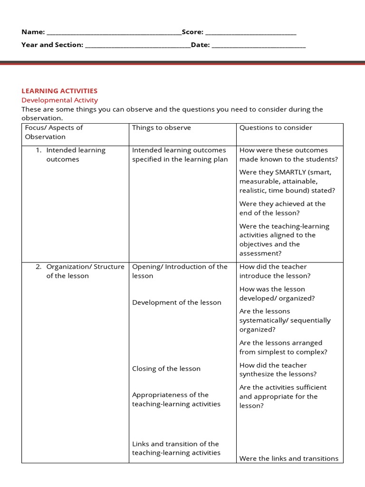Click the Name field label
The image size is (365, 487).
point(33,32)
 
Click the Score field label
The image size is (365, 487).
point(192,32)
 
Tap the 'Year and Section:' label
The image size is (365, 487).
point(52,45)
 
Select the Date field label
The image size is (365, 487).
point(200,45)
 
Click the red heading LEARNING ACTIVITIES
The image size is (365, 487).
point(59,90)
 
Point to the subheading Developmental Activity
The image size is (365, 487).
point(59,100)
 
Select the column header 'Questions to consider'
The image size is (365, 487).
point(276,127)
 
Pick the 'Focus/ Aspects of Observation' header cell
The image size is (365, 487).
point(54,132)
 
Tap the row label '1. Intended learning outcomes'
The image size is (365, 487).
point(71,155)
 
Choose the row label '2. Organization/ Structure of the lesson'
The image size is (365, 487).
point(79,271)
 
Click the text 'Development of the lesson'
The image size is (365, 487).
point(176,302)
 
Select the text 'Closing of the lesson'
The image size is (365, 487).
point(166,369)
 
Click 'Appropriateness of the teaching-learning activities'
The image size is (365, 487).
point(176,399)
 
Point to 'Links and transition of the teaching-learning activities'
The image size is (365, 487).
point(176,448)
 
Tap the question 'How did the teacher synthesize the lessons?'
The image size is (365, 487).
point(278,370)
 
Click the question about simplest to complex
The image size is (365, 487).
point(283,347)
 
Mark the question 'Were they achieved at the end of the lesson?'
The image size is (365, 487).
point(282,208)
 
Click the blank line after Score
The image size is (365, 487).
point(250,33)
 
